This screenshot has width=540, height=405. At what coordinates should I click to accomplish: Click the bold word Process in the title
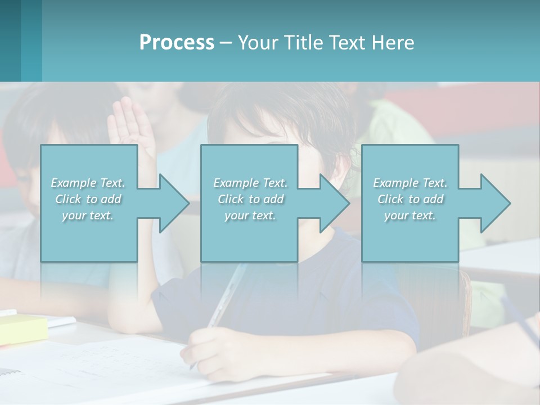177,43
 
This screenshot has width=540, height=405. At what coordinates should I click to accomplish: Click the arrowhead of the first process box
174,203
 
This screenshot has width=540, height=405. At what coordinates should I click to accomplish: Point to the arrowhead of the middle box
334,203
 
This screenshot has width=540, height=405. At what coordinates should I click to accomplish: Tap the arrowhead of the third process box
495,203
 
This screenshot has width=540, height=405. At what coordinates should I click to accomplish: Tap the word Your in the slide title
258,43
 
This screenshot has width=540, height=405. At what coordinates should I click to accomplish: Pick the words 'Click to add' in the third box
410,199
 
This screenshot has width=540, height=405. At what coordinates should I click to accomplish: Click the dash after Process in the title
226,43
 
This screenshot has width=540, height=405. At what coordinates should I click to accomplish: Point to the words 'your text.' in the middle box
250,215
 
